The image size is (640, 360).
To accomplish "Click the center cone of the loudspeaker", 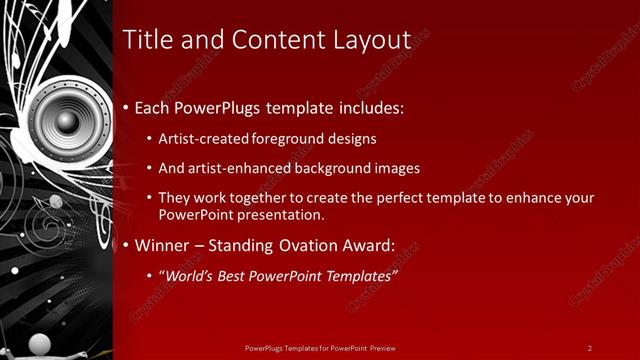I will pyautogui.click(x=66, y=122).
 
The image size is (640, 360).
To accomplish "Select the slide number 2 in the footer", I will pyautogui.click(x=589, y=348).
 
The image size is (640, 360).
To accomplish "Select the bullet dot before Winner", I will pyautogui.click(x=125, y=245).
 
